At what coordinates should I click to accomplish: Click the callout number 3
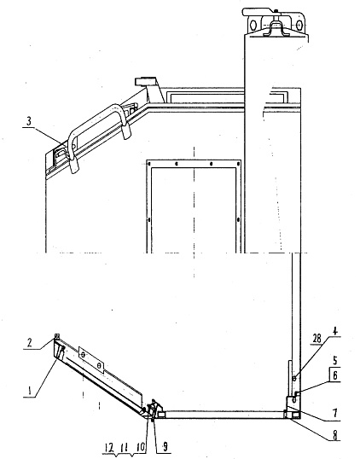click(29, 121)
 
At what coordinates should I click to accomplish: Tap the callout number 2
click(29, 343)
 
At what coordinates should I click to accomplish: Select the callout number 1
click(29, 391)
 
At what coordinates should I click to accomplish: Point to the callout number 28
click(316, 339)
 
